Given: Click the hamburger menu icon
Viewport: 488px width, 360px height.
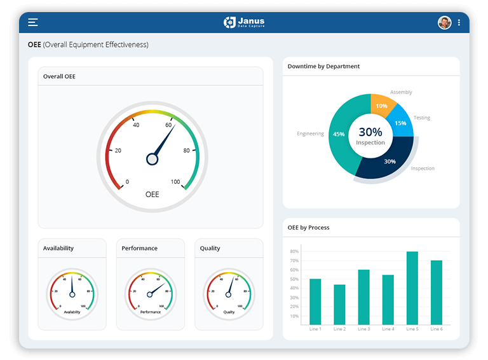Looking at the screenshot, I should pyautogui.click(x=33, y=22).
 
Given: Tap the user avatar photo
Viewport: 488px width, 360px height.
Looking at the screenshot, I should pyautogui.click(x=445, y=23).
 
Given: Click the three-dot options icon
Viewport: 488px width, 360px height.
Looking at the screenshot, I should pyautogui.click(x=459, y=23).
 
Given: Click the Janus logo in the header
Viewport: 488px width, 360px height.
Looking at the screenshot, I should pyautogui.click(x=244, y=22).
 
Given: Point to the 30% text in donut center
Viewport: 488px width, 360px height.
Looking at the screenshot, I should pyautogui.click(x=370, y=132).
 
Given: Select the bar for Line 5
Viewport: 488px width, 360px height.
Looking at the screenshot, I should pyautogui.click(x=412, y=288).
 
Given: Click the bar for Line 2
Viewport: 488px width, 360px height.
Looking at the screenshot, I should pyautogui.click(x=339, y=304).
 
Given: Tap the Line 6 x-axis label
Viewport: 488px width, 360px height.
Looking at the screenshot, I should pyautogui.click(x=436, y=329).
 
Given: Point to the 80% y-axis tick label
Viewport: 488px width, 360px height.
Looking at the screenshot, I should pyautogui.click(x=294, y=251).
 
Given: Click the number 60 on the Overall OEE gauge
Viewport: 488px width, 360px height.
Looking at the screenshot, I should pyautogui.click(x=169, y=125).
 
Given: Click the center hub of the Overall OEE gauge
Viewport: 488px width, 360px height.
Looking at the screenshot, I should pyautogui.click(x=152, y=159).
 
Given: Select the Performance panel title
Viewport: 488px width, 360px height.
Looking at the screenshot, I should pyautogui.click(x=140, y=248).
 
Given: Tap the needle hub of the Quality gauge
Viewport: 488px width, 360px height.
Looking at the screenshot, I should pyautogui.click(x=229, y=294).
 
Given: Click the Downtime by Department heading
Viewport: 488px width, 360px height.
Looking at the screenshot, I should pyautogui.click(x=323, y=66).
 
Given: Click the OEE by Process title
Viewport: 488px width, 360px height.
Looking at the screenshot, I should pyautogui.click(x=308, y=227).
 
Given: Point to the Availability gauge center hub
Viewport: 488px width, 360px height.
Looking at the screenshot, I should pyautogui.click(x=72, y=294).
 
